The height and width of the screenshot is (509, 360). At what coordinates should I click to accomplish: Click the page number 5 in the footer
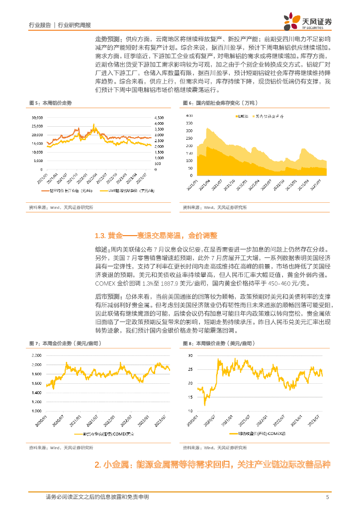point(327,497)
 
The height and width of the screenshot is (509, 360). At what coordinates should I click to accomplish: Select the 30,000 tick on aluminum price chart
point(37,118)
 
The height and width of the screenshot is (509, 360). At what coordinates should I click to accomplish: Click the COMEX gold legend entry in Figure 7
point(104,433)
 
